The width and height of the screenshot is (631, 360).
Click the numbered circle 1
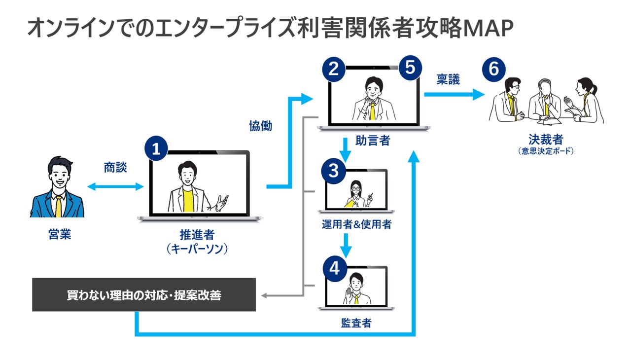[156, 149]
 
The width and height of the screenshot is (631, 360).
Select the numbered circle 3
[334, 171]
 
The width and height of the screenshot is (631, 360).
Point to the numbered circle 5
[410, 68]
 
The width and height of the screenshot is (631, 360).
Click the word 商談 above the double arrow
[115, 168]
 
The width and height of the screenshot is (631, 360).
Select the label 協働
[260, 126]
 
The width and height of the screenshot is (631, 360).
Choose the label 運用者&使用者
[356, 225]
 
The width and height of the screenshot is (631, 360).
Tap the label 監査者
[356, 323]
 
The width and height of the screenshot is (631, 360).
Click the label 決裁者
[546, 139]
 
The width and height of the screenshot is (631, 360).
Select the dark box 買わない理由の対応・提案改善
[144, 295]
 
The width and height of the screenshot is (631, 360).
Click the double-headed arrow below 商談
[115, 186]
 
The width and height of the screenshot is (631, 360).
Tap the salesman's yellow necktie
[59, 205]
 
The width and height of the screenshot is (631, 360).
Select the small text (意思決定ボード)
[546, 151]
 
